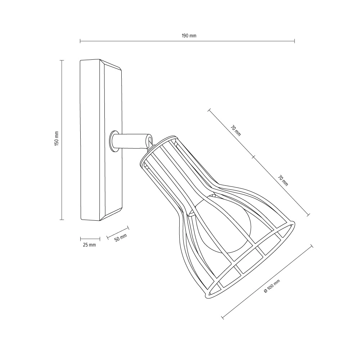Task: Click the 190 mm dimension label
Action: pos(189,36)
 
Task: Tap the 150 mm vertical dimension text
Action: pos(57,139)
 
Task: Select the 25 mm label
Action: pos(89,245)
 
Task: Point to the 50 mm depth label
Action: pos(121,237)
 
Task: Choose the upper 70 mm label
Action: pos(236,130)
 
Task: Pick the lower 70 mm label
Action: pos(283,181)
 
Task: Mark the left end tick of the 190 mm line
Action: pos(80,41)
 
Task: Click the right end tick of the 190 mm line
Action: pos(294,41)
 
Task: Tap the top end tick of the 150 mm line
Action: pos(62,60)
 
